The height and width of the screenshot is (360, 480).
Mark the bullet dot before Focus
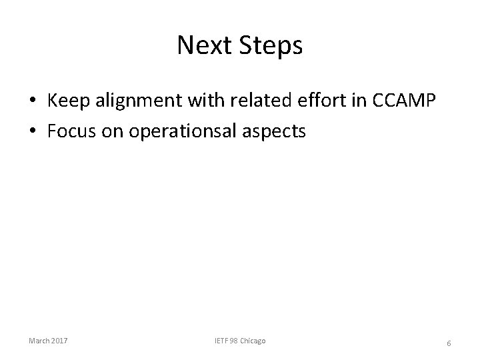click(x=32, y=131)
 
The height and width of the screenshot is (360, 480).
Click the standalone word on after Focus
click(x=108, y=131)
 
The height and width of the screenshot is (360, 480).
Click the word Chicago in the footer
click(x=254, y=341)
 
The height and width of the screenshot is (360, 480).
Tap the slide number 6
click(x=449, y=343)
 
